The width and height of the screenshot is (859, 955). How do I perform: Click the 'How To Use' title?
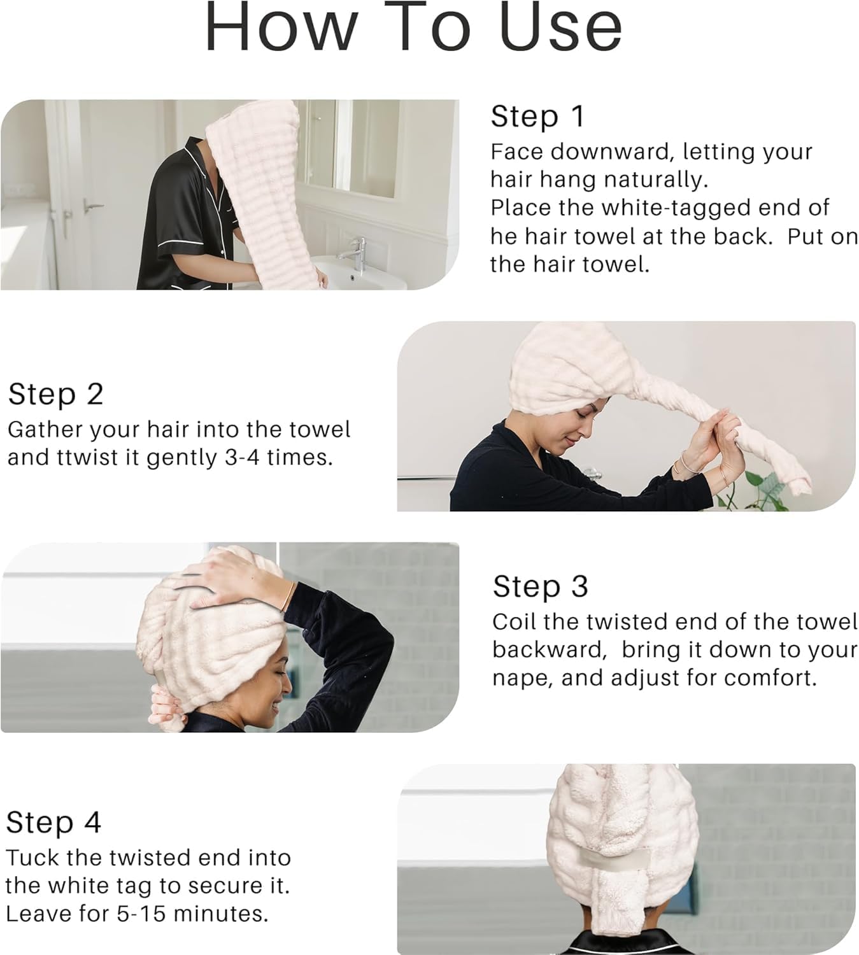click(x=413, y=29)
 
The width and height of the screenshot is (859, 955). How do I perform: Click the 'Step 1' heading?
click(x=537, y=116)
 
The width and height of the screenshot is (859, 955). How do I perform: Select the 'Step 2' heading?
click(x=55, y=394)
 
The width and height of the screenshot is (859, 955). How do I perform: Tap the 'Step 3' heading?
click(x=540, y=586)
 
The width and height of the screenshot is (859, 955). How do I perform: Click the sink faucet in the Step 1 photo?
click(x=357, y=251)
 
